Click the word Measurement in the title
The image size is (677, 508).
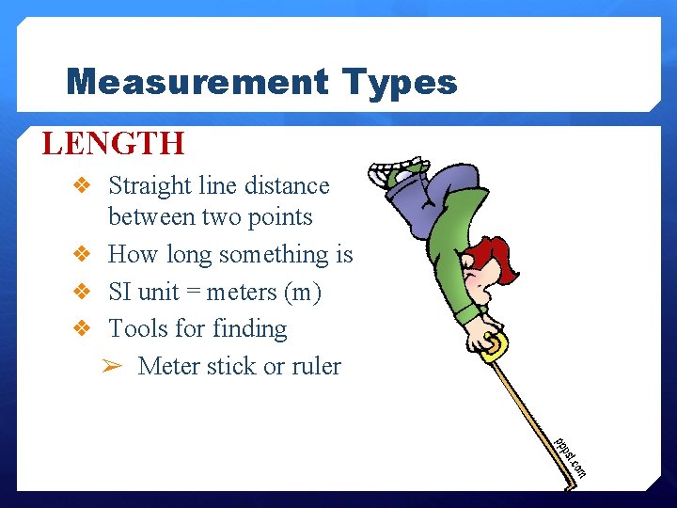pyautogui.click(x=197, y=83)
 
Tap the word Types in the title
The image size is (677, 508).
pyautogui.click(x=400, y=84)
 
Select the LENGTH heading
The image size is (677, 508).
pyautogui.click(x=113, y=144)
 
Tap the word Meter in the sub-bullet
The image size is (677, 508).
pyautogui.click(x=167, y=366)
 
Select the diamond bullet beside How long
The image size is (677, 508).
pyautogui.click(x=81, y=255)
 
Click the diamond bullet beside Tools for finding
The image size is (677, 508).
pyautogui.click(x=81, y=329)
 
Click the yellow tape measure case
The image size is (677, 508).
pyautogui.click(x=491, y=344)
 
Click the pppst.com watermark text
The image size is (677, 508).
pyautogui.click(x=570, y=455)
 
